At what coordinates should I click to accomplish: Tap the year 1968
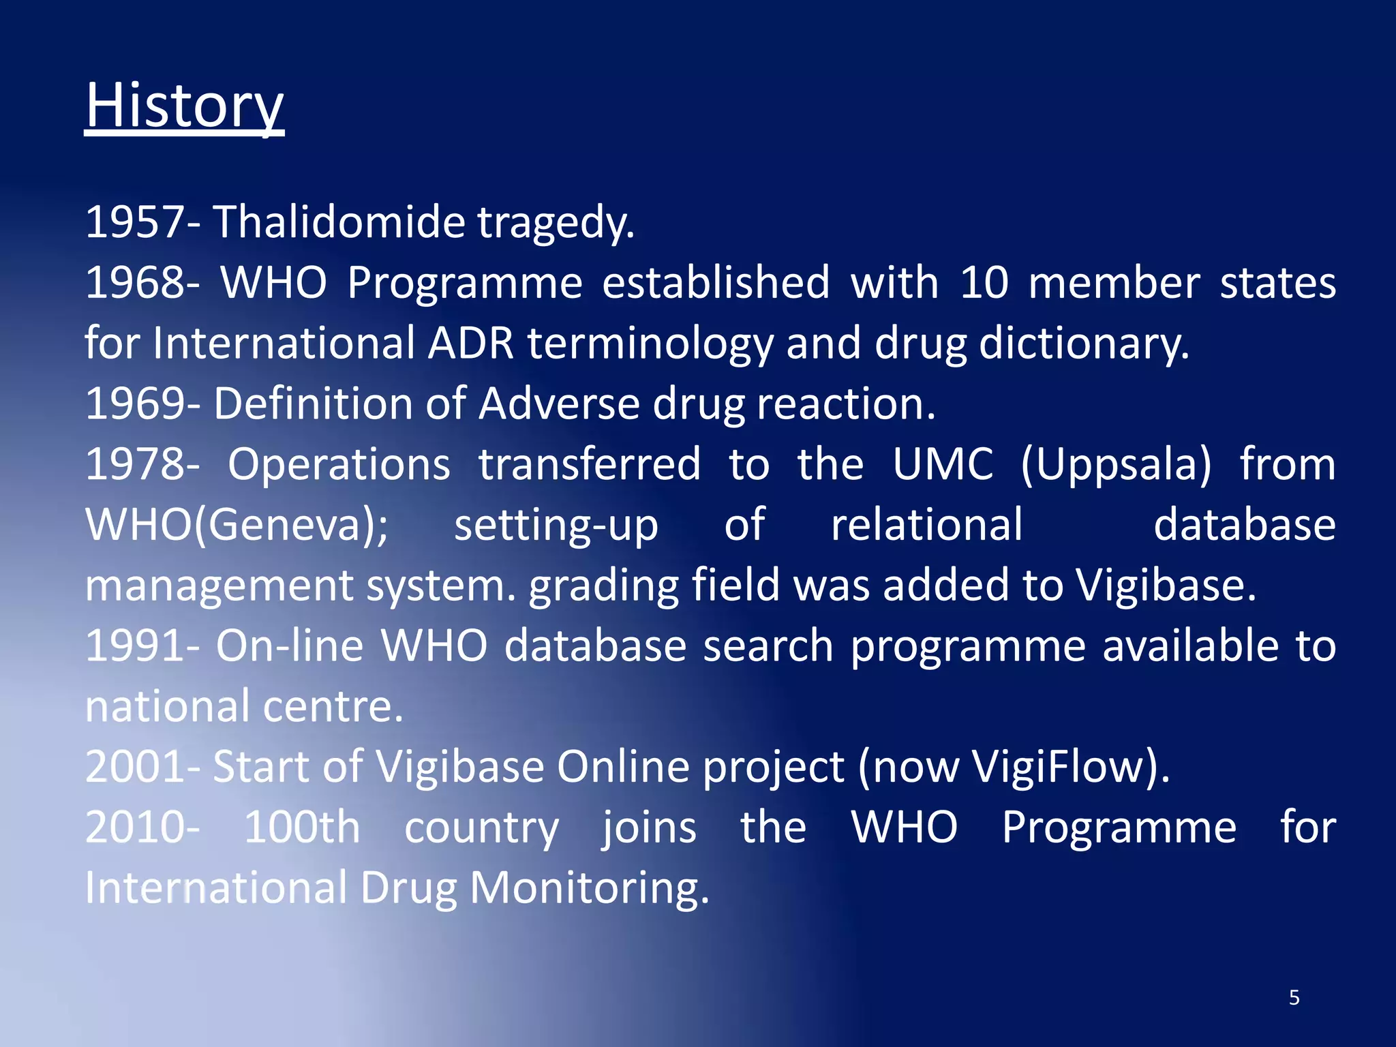(x=135, y=283)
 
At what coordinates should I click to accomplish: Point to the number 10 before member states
(x=984, y=283)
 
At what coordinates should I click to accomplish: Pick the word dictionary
(x=1083, y=344)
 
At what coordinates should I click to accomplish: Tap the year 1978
(x=135, y=464)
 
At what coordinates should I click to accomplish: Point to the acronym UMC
(x=943, y=464)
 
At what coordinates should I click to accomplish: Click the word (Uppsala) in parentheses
(x=1117, y=466)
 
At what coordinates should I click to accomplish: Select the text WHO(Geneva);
(x=237, y=525)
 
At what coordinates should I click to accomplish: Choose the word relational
(x=926, y=525)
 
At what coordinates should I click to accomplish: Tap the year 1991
(x=135, y=646)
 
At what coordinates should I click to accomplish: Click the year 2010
(x=135, y=828)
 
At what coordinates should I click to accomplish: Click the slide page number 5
(x=1294, y=998)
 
